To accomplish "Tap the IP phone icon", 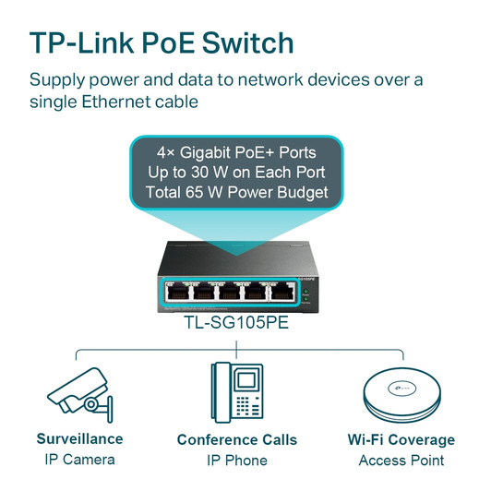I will tap(236, 391).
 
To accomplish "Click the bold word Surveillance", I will tap(79, 438).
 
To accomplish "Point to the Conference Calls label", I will tap(236, 439).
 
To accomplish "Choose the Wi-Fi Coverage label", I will tap(401, 439).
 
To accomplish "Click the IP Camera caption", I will tap(79, 460).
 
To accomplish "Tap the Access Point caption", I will tap(401, 460).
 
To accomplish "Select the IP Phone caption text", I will tap(236, 460).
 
